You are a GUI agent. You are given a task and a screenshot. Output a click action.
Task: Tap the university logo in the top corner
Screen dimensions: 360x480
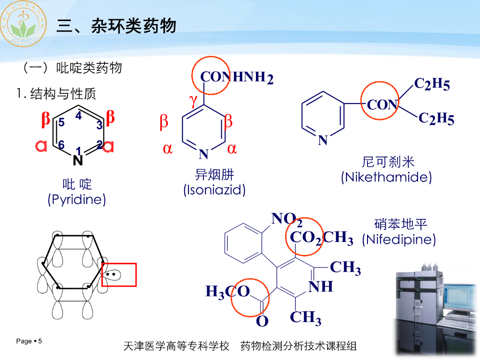pyautogui.click(x=23, y=23)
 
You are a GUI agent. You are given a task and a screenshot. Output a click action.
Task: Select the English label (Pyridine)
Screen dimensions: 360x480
pyautogui.click(x=77, y=200)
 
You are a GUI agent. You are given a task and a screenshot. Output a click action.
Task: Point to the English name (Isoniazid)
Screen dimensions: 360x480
pyautogui.click(x=214, y=190)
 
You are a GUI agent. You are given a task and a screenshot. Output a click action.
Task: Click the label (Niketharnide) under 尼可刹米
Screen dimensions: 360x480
pyautogui.click(x=386, y=177)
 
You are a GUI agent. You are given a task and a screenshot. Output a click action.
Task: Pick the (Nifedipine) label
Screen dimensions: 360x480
pyautogui.click(x=399, y=240)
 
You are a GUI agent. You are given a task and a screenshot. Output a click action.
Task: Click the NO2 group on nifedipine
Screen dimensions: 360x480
pyautogui.click(x=286, y=219)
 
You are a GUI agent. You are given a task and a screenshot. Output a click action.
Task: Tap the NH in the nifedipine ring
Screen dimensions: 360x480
pyautogui.click(x=321, y=286)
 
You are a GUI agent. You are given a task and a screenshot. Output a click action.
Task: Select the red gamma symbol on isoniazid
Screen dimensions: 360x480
pyautogui.click(x=193, y=100)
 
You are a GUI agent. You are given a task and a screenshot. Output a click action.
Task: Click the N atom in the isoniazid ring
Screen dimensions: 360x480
pyautogui.click(x=203, y=153)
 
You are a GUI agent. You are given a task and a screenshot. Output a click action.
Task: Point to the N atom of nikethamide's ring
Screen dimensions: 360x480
pyautogui.click(x=323, y=140)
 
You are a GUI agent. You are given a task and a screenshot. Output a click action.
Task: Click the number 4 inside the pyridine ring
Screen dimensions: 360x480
pyautogui.click(x=78, y=116)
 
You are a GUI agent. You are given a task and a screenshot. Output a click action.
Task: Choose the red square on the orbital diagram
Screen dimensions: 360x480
pyautogui.click(x=119, y=275)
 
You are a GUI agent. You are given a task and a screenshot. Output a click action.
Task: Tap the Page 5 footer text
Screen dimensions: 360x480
pyautogui.click(x=29, y=341)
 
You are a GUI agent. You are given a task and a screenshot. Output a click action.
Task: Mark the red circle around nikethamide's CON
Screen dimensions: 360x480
pyautogui.click(x=380, y=104)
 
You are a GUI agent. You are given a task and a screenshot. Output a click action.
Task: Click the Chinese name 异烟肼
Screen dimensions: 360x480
pyautogui.click(x=214, y=175)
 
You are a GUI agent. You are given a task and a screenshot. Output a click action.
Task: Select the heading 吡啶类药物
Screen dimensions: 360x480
pyautogui.click(x=90, y=68)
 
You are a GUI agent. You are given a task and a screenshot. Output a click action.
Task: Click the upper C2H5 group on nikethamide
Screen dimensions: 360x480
pyautogui.click(x=432, y=84)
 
